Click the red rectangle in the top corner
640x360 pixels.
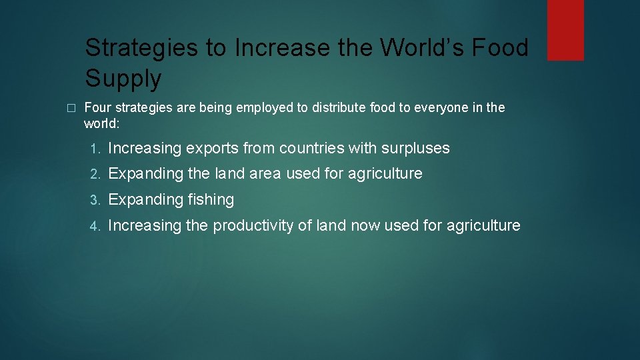coord(565,29)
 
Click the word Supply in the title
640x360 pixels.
coord(123,79)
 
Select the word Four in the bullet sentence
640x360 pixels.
coord(97,107)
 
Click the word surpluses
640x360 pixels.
coord(415,148)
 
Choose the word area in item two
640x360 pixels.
coord(265,174)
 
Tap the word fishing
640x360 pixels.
coord(211,200)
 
